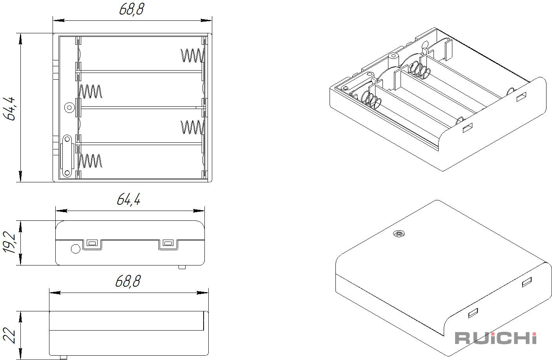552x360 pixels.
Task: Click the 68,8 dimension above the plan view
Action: tap(131, 10)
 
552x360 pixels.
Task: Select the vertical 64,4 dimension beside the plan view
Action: tap(9, 109)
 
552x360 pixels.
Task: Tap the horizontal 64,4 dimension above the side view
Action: tap(129, 199)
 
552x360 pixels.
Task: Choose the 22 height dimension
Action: tap(10, 336)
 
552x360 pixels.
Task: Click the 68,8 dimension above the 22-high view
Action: tap(128, 281)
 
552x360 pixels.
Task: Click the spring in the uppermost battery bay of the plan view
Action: tap(193, 55)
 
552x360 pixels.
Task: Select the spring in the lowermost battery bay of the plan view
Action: tap(90, 161)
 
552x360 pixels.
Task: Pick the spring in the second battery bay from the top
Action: tap(90, 91)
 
